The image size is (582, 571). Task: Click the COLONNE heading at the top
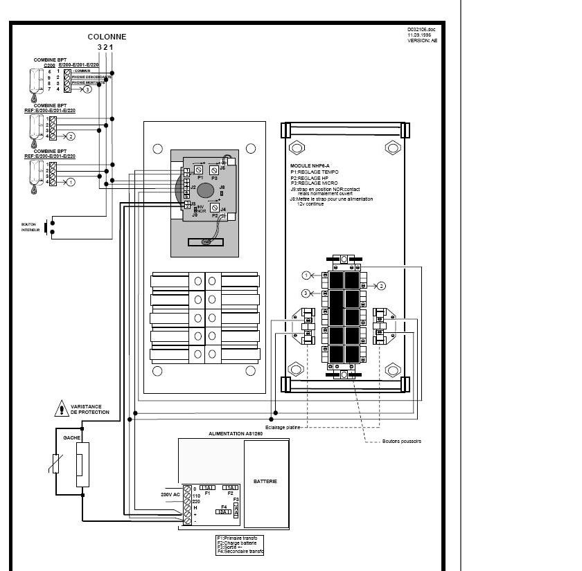107,37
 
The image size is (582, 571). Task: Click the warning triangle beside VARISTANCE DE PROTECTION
60,410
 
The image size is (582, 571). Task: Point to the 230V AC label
170,495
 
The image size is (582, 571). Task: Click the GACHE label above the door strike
71,438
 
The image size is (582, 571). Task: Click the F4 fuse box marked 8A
223,511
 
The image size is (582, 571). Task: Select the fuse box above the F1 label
209,487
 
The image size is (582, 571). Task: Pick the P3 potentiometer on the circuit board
214,170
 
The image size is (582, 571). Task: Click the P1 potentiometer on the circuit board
199,169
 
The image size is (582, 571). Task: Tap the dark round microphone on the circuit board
206,191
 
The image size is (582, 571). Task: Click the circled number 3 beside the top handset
87,89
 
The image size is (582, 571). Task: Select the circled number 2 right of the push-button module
380,285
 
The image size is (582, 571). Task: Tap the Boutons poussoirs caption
402,441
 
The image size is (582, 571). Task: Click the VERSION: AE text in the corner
422,41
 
